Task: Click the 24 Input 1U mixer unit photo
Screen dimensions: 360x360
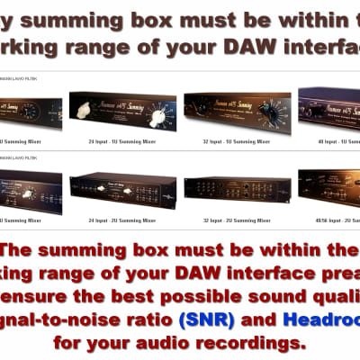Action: [122, 112]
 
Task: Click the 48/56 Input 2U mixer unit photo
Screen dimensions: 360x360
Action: [331, 189]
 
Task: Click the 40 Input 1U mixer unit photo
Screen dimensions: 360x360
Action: [331, 110]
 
